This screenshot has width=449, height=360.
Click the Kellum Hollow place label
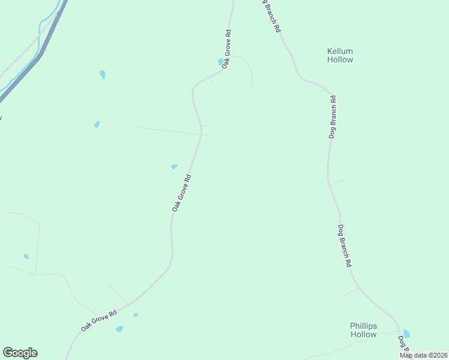(340, 55)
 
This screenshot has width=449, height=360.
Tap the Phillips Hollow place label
(363, 330)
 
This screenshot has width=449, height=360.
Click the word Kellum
(340, 51)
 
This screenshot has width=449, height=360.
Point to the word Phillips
(363, 326)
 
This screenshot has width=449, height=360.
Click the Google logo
(20, 353)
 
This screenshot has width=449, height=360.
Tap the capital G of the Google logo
(7, 353)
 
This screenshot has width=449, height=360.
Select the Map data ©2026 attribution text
(423, 355)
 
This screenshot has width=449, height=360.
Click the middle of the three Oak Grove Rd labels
(181, 193)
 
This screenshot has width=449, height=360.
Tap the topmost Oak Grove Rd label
(226, 48)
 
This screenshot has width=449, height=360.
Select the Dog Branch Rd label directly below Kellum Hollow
(333, 116)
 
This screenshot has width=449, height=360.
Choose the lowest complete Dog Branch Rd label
(344, 245)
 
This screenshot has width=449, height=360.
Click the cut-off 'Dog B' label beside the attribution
(403, 344)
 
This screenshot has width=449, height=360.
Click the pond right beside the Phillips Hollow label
(407, 334)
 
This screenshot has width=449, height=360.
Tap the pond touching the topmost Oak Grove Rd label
(220, 62)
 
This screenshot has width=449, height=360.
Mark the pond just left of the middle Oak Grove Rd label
(174, 166)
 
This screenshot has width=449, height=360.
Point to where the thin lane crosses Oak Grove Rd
(201, 134)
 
